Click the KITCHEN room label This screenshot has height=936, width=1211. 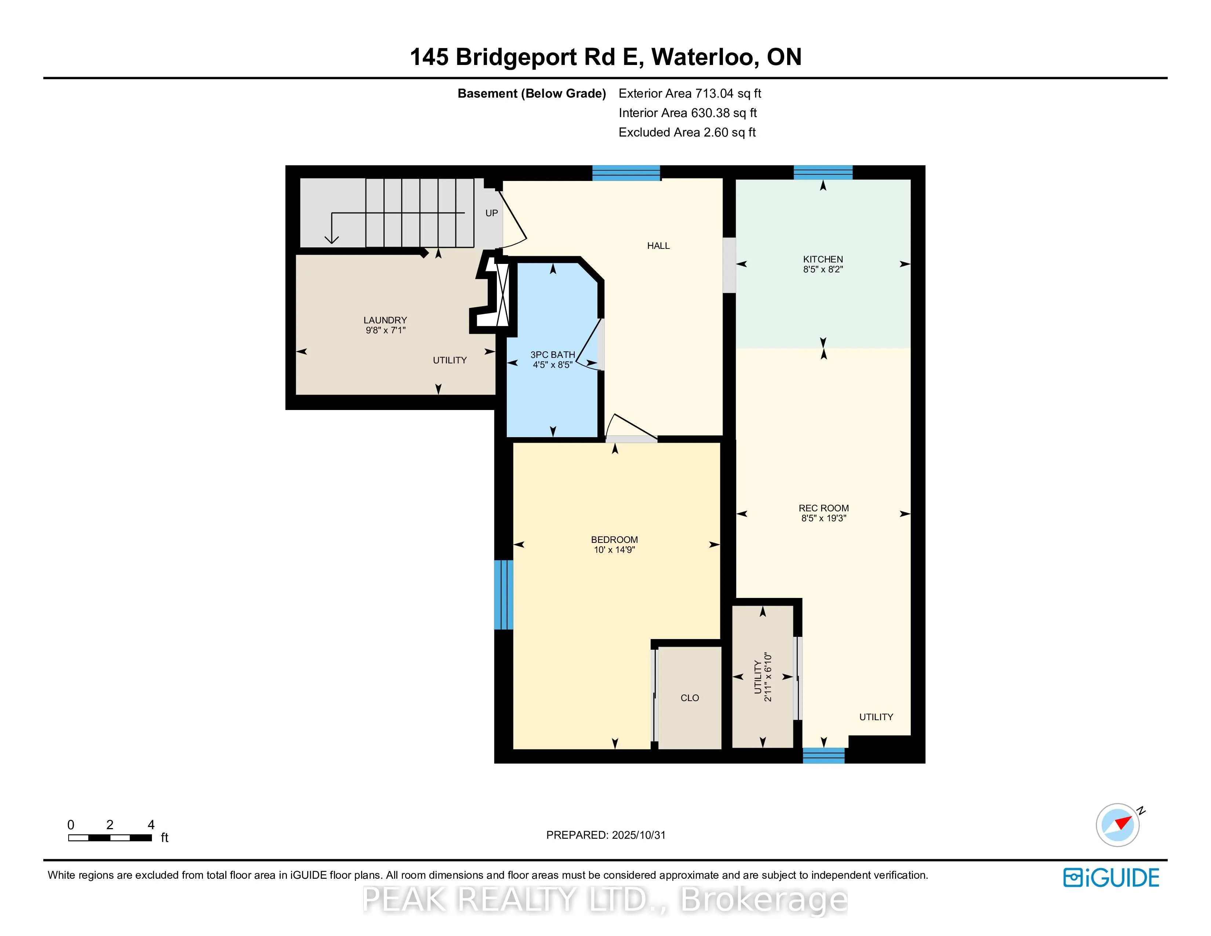[822, 259]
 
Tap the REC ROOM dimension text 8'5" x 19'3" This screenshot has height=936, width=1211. [823, 518]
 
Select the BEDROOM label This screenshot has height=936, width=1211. [614, 540]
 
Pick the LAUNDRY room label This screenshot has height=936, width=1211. [385, 320]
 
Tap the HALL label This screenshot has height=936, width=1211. [658, 246]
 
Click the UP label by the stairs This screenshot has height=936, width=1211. [491, 213]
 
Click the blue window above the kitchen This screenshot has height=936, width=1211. [822, 173]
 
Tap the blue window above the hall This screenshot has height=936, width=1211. [626, 173]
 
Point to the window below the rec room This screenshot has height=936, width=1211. [823, 755]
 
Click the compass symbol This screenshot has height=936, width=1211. [1117, 824]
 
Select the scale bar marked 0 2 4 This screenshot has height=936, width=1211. [110, 837]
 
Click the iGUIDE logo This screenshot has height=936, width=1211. [1111, 878]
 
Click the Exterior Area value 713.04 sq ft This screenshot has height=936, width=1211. [728, 94]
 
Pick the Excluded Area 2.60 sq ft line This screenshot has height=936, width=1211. [687, 133]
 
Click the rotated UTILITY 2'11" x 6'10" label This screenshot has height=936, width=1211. [763, 677]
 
